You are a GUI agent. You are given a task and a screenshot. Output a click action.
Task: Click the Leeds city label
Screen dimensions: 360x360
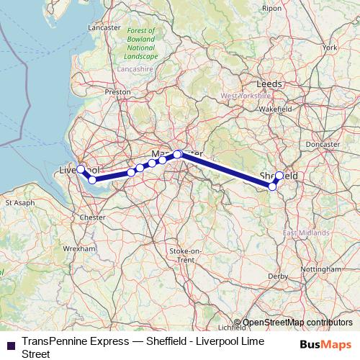(269, 84)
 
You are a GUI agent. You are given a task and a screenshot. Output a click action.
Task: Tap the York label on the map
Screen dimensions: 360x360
(330, 47)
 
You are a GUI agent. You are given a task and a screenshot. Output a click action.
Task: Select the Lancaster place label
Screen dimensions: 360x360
(103, 27)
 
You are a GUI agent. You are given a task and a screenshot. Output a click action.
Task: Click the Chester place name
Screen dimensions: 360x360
(94, 216)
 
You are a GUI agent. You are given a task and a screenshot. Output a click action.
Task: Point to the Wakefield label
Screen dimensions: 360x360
(274, 109)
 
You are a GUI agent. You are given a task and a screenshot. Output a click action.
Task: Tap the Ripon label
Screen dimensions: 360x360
(272, 8)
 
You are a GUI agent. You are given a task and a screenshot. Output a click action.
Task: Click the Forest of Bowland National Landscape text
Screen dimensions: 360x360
(142, 43)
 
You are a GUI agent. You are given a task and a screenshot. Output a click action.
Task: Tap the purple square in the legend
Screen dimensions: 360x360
(10, 346)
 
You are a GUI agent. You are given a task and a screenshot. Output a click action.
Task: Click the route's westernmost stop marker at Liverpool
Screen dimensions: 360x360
(81, 169)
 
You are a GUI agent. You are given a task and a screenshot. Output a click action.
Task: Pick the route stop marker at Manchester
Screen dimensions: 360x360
(177, 154)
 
